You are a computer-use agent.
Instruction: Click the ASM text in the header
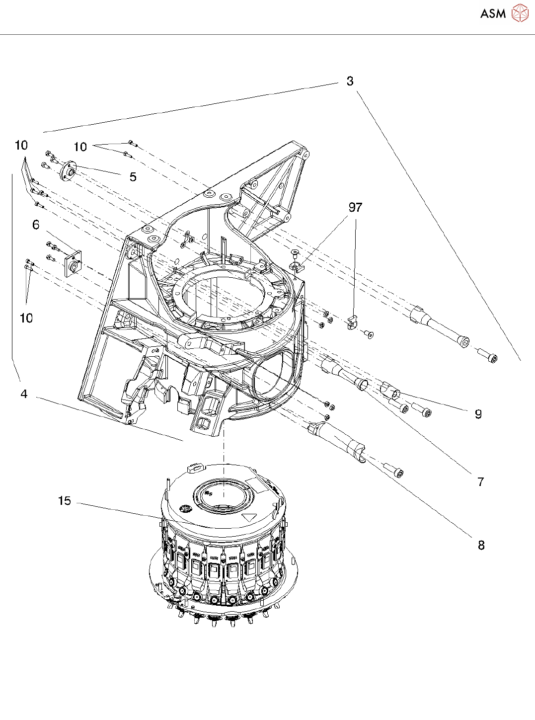coord(493,14)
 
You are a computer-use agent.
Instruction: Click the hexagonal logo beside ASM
coord(520,13)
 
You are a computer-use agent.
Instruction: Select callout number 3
coord(350,81)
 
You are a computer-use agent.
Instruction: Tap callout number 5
coord(133,177)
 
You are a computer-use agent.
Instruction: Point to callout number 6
coord(36,225)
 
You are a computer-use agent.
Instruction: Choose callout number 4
coord(24,394)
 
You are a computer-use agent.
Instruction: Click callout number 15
coord(65,501)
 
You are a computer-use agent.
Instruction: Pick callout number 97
coord(355,207)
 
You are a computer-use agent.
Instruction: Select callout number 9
coord(478,414)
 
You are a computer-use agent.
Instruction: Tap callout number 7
coord(480,481)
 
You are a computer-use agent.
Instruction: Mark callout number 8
coord(481,545)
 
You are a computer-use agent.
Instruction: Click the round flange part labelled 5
coord(69,172)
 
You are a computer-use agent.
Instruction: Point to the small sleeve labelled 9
coord(390,391)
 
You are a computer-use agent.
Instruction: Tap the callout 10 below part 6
coord(26,318)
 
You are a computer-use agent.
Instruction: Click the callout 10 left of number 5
coord(80,147)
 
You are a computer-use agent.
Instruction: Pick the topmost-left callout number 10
coord(21,145)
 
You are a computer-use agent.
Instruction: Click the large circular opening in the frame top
coord(224,293)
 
